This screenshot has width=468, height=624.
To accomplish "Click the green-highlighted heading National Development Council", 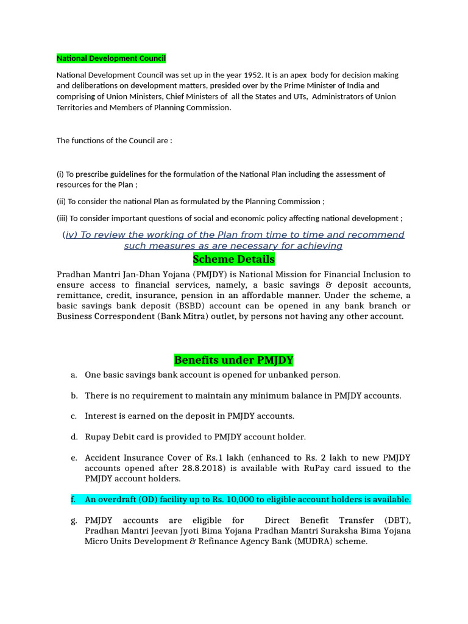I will click(x=111, y=58).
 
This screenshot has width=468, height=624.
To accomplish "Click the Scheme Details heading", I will click(x=233, y=260).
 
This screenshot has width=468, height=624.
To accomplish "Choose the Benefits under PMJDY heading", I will click(x=233, y=360).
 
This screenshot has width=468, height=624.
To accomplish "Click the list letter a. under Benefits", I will click(x=74, y=375).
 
